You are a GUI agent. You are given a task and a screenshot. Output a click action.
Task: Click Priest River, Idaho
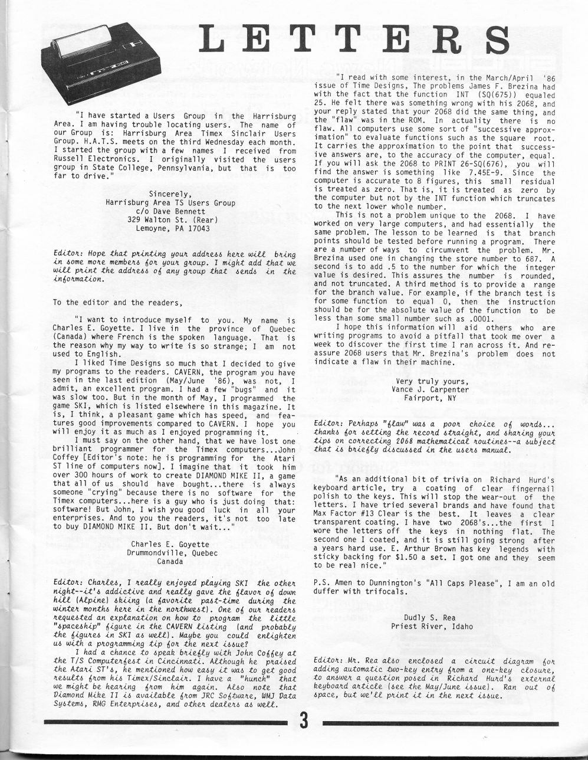[432, 626]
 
